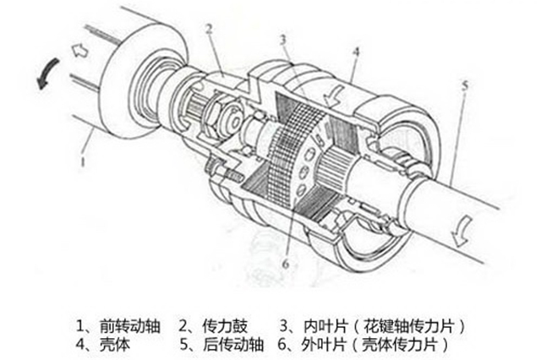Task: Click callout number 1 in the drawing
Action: click(x=83, y=161)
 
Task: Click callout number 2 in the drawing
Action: click(x=209, y=30)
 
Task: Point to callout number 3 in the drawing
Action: click(x=283, y=41)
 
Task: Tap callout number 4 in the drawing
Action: click(x=357, y=52)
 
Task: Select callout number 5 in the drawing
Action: click(x=465, y=85)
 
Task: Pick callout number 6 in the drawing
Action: click(x=286, y=264)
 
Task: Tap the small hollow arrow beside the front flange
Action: click(x=80, y=52)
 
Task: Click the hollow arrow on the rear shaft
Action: click(x=462, y=230)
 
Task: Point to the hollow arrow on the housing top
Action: click(x=334, y=95)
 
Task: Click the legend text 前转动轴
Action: click(x=129, y=326)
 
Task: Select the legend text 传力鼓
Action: click(x=225, y=326)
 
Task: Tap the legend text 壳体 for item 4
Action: click(x=115, y=344)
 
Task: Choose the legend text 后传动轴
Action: click(x=233, y=344)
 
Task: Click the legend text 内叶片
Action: click(x=325, y=326)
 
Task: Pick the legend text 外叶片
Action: click(x=323, y=344)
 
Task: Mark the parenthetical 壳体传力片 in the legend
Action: click(x=399, y=344)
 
